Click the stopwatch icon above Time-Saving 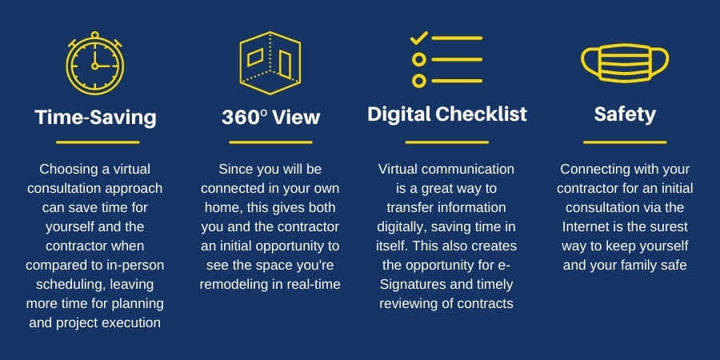pos(95,64)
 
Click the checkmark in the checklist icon pos(419,38)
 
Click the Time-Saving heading pos(95,118)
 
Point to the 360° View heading pos(270,118)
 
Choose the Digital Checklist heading pos(447,114)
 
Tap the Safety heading pos(625,114)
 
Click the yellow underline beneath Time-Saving pos(97,142)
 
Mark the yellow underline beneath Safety pos(625,142)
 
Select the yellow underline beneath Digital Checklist pos(447,142)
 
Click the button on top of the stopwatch pos(95,34)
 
